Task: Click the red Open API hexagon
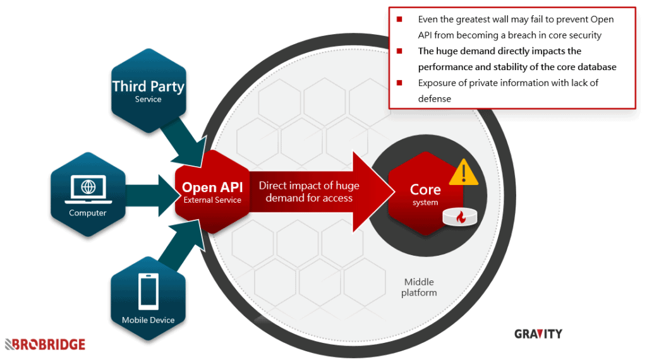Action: [x=212, y=193]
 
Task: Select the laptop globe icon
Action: [x=88, y=188]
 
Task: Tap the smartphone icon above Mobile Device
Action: [x=148, y=291]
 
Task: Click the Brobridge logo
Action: [x=45, y=344]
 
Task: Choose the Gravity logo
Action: [x=538, y=333]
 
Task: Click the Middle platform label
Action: [x=419, y=287]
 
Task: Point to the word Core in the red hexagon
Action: [x=425, y=189]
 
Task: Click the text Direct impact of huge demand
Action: [x=309, y=191]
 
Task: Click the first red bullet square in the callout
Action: [x=399, y=20]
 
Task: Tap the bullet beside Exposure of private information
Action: [x=399, y=83]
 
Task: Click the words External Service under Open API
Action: [x=212, y=200]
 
